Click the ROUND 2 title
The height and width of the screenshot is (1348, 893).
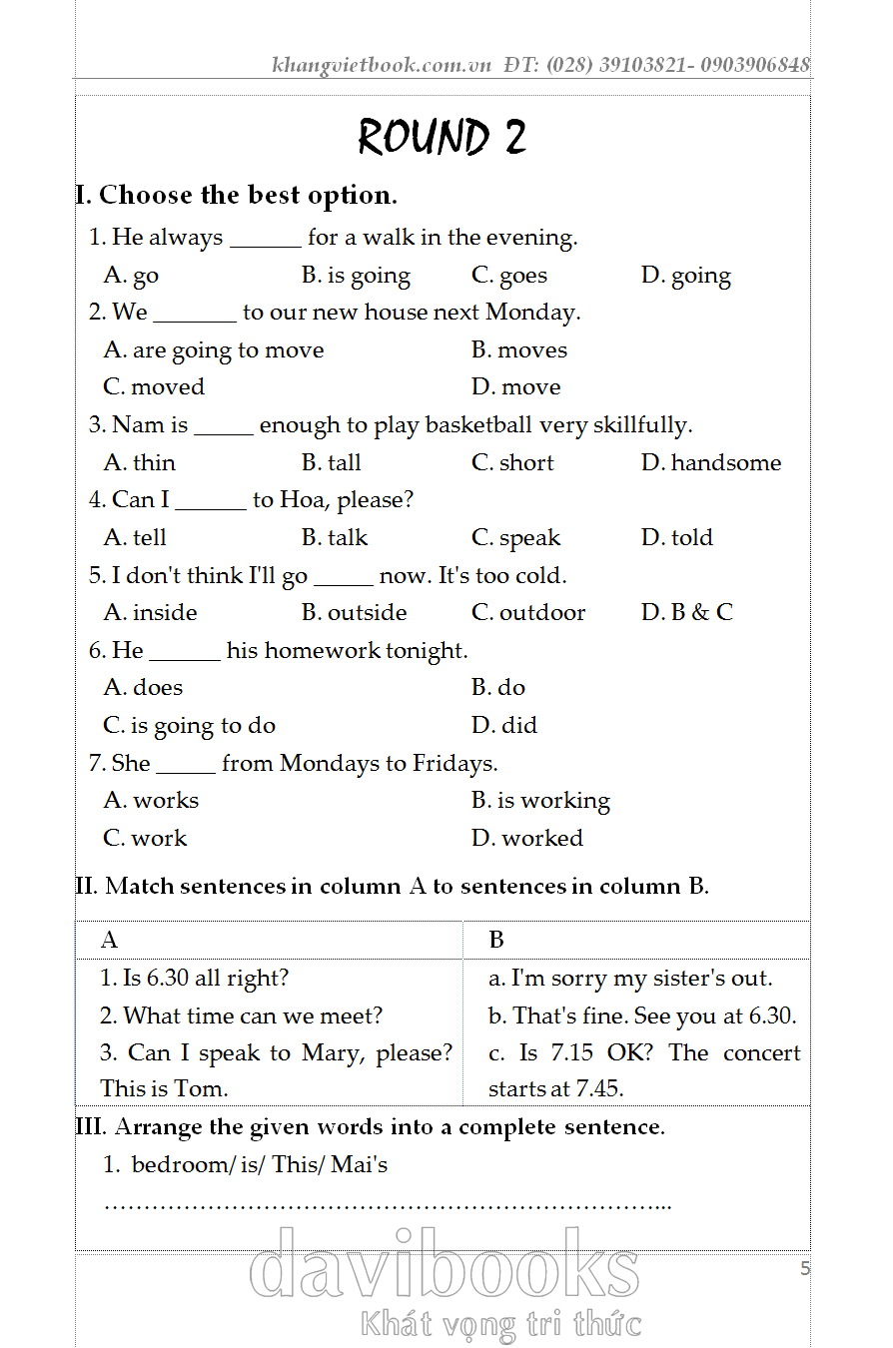click(x=442, y=137)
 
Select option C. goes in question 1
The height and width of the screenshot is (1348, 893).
click(x=509, y=276)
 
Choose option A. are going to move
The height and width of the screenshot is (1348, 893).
click(x=214, y=350)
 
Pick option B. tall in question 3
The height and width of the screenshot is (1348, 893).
click(x=332, y=463)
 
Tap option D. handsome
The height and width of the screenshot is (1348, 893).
click(x=711, y=463)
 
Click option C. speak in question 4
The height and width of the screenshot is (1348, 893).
click(x=515, y=538)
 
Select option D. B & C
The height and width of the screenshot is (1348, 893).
click(x=686, y=613)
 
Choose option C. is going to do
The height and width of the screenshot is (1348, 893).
click(x=189, y=726)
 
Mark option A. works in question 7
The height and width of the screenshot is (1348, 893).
click(x=151, y=801)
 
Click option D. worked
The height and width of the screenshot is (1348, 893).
click(x=527, y=839)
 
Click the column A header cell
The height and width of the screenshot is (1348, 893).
click(x=269, y=940)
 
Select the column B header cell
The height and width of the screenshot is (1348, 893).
click(x=636, y=940)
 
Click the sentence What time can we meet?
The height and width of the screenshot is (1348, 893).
click(x=241, y=1016)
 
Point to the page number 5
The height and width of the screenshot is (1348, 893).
click(x=805, y=1269)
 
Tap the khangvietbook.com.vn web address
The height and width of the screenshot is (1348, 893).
click(x=382, y=66)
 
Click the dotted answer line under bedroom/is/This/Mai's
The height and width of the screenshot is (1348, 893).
click(x=388, y=1206)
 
